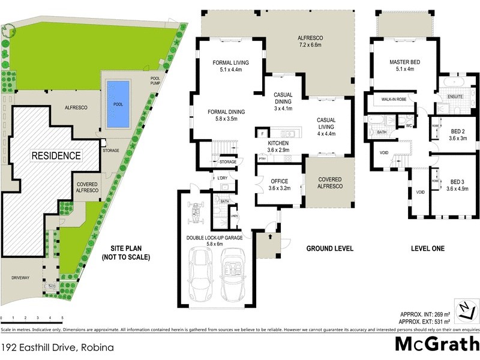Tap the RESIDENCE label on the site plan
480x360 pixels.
[56, 155]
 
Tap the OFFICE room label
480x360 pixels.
[278, 181]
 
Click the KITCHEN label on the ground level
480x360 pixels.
[278, 143]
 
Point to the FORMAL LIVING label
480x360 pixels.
[231, 62]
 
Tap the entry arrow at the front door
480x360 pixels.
[268, 238]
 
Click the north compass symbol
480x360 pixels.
[464, 310]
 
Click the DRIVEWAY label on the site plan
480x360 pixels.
[22, 278]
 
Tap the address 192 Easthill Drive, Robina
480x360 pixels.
[58, 347]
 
